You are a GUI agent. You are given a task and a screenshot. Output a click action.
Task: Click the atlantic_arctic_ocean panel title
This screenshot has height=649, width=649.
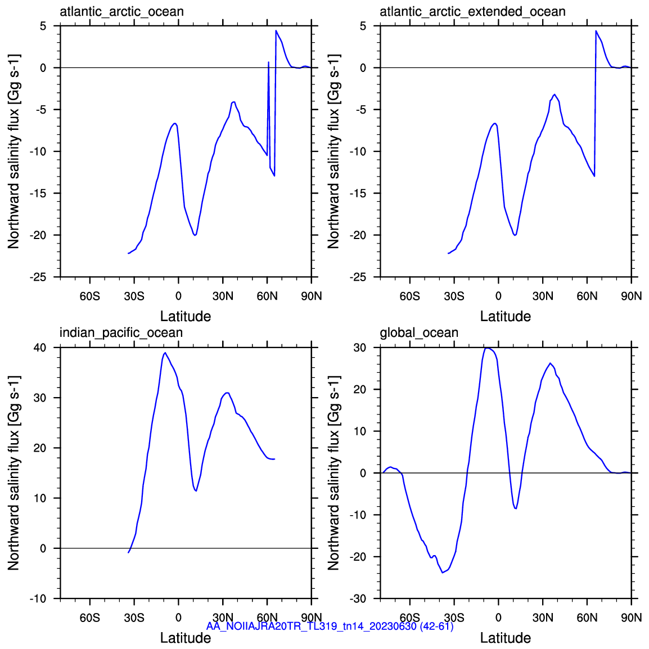[121, 12]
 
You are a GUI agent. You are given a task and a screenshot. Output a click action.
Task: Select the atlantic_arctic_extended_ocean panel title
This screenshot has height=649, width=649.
[472, 12]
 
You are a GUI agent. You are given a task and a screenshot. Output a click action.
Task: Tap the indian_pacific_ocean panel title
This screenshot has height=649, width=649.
[121, 333]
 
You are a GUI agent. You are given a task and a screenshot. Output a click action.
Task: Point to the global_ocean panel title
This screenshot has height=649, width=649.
[419, 333]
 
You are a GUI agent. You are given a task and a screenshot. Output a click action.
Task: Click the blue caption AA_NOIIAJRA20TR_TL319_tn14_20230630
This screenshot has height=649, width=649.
[311, 627]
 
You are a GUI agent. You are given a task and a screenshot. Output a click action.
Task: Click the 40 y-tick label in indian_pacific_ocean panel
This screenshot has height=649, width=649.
[40, 348]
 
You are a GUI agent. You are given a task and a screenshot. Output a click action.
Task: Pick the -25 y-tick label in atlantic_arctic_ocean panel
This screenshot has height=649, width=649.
[38, 277]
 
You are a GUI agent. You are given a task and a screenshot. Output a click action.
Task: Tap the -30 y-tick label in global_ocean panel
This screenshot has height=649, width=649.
[358, 598]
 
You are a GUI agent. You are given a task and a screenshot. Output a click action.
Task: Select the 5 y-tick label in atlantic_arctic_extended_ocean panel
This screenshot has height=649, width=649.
[363, 26]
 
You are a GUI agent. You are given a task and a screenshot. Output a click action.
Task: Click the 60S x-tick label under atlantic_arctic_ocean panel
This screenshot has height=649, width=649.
[90, 296]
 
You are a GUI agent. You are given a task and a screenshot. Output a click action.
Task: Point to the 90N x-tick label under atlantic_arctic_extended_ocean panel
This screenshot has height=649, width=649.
[632, 296]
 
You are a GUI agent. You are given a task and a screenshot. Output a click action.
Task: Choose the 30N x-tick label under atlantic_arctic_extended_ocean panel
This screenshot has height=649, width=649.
[543, 296]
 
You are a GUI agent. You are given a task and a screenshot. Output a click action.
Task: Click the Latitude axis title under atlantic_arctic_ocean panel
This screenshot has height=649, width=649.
[186, 316]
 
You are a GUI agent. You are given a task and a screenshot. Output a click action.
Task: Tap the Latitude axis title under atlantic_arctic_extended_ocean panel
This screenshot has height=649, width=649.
[506, 316]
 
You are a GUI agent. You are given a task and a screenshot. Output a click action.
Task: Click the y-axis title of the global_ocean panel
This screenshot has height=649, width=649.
[333, 472]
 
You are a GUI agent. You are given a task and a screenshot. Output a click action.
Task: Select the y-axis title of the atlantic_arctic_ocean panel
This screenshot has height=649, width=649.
[13, 151]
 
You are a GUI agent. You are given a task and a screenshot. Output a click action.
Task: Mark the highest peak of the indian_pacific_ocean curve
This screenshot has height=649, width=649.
[165, 353]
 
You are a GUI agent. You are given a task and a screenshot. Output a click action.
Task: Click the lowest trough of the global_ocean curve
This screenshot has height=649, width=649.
[443, 573]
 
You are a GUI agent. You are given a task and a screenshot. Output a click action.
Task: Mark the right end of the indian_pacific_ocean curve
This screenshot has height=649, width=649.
[274, 459]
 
